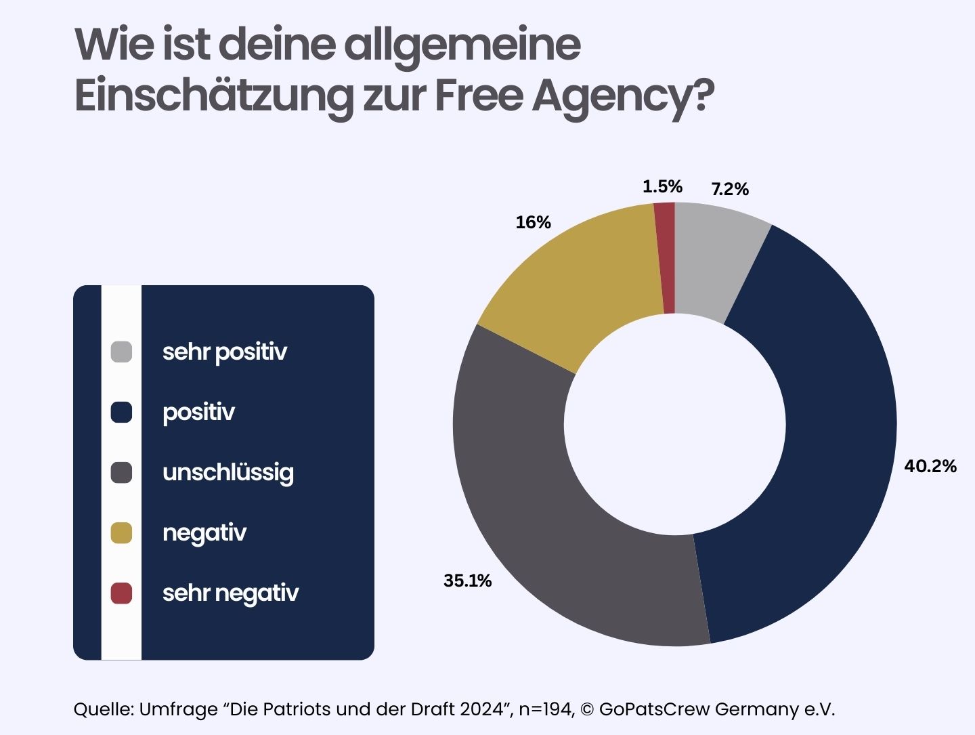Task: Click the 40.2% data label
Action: [930, 466]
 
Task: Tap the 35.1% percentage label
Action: [467, 581]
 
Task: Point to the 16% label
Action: [533, 222]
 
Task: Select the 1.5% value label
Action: [662, 186]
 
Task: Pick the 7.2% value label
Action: [729, 189]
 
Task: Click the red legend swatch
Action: [121, 593]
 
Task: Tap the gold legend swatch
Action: [121, 533]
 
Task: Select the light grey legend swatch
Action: [121, 352]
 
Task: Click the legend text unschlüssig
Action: [227, 473]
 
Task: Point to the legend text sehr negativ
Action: [230, 593]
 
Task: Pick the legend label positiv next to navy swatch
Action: [198, 413]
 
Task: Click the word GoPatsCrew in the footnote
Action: [654, 709]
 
